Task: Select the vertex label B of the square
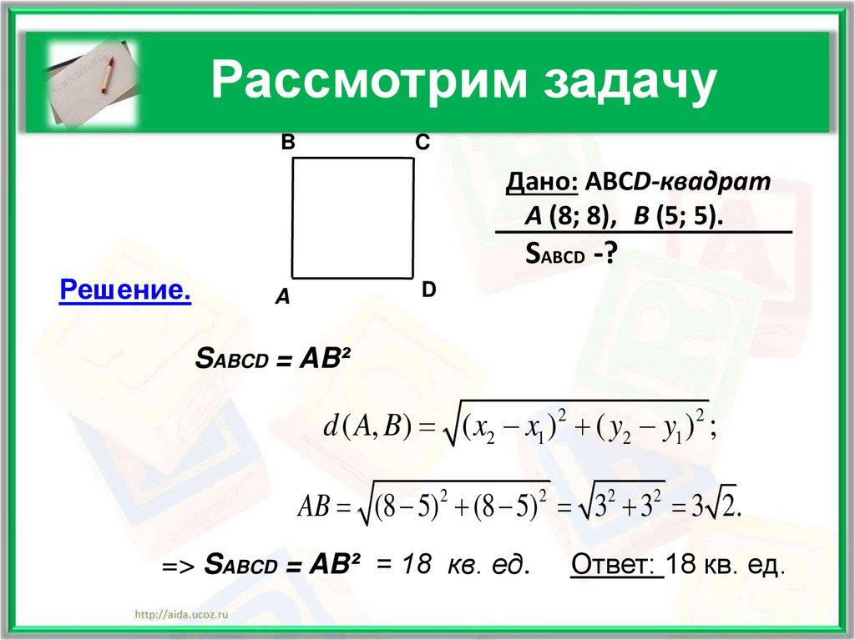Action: tap(287, 144)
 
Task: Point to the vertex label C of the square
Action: tap(422, 144)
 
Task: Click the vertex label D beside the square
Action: tap(428, 290)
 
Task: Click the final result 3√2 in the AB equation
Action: tap(716, 506)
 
